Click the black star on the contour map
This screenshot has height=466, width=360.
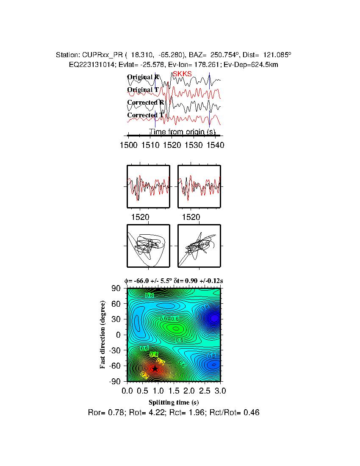(x=155, y=369)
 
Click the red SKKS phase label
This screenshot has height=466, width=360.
(x=182, y=74)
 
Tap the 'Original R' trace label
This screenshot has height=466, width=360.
(x=143, y=77)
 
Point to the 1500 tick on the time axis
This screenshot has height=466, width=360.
(x=128, y=145)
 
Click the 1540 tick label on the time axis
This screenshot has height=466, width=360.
(x=215, y=145)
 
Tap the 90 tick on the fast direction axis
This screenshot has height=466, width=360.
(x=116, y=288)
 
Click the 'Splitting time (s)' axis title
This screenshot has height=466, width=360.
(x=174, y=402)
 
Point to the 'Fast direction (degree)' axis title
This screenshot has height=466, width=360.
(x=102, y=335)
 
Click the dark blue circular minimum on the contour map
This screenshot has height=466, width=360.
(x=215, y=317)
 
